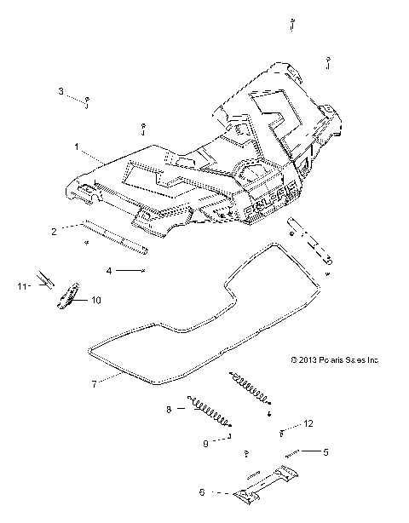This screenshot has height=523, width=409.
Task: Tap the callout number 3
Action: pyautogui.click(x=60, y=90)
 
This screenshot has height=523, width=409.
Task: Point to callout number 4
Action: pyautogui.click(x=108, y=271)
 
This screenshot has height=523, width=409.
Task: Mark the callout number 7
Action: pyautogui.click(x=94, y=382)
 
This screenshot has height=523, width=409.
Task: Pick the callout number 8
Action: pyautogui.click(x=169, y=409)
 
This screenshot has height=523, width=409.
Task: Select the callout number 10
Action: pyautogui.click(x=96, y=300)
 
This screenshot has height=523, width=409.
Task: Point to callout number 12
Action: pyautogui.click(x=308, y=423)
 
